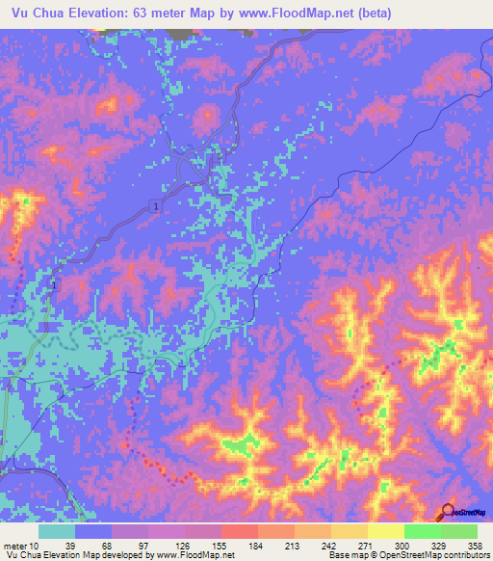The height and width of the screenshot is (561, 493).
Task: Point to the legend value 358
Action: (x=473, y=546)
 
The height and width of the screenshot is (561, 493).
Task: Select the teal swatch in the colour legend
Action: (x=56, y=531)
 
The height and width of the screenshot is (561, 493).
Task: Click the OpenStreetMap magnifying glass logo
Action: (x=449, y=513)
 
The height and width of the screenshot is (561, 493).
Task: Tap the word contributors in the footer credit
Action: (x=465, y=555)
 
